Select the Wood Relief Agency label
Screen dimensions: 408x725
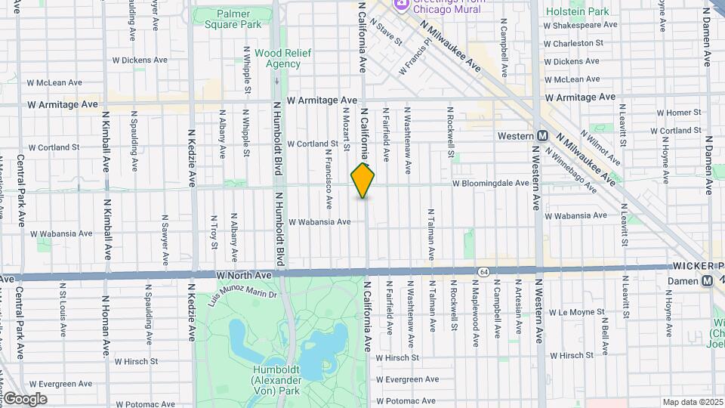[278, 58]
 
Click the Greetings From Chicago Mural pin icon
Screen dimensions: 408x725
[401, 5]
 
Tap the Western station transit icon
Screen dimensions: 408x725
[542, 136]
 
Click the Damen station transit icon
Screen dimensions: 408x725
[707, 280]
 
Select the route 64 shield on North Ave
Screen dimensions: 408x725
[482, 271]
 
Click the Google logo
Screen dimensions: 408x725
[25, 399]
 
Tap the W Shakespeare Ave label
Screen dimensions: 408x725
[582, 25]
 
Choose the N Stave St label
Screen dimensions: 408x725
[384, 33]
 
